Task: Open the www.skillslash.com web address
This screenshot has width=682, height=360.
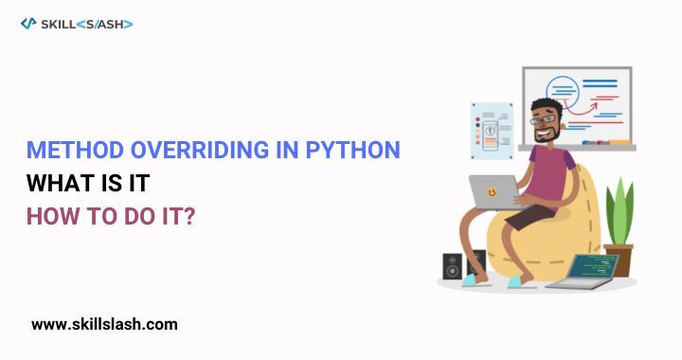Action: tap(104, 324)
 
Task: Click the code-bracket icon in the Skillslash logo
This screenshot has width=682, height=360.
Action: tap(27, 23)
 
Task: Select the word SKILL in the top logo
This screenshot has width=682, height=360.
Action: tap(58, 23)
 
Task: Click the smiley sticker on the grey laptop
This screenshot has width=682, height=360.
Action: tap(492, 191)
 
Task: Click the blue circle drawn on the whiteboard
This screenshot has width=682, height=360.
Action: tap(563, 92)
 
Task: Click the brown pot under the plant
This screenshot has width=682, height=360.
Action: tap(619, 260)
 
